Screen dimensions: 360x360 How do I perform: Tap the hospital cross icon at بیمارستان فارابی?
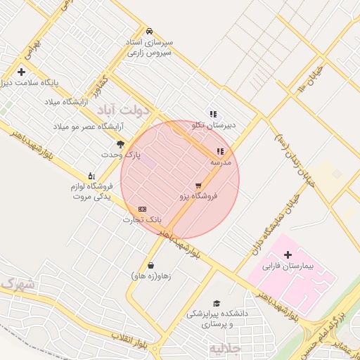(x=288, y=254)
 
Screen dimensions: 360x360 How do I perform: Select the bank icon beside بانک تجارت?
(x=143, y=209)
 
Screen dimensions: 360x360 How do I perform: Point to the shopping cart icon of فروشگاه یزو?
(x=198, y=186)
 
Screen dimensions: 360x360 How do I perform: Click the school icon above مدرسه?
(x=220, y=151)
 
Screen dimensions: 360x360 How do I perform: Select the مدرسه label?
(x=220, y=162)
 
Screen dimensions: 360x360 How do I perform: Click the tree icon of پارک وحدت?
(x=121, y=144)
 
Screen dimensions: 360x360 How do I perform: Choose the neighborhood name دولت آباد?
(x=124, y=110)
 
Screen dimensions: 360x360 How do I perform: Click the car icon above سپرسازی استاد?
(x=149, y=32)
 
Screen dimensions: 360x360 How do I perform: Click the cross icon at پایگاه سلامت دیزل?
(x=22, y=72)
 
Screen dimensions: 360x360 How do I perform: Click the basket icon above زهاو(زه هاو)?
(x=151, y=266)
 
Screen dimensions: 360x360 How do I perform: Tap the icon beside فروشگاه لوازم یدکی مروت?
(x=91, y=176)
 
